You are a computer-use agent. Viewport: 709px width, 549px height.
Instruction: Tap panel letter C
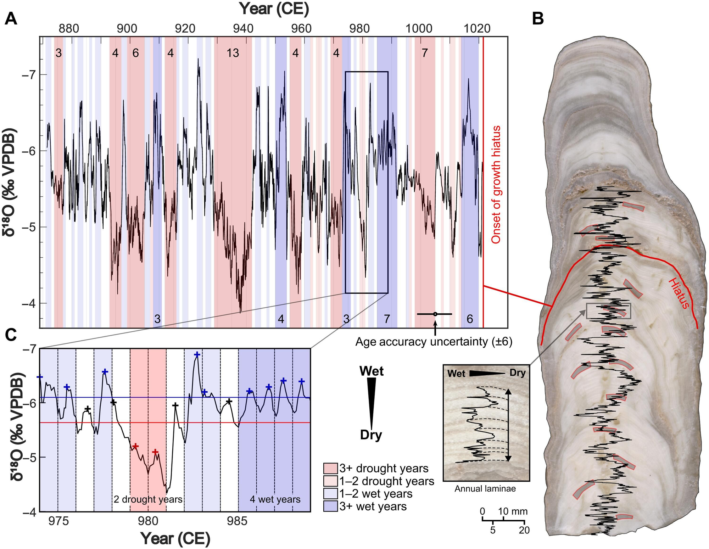click(x=11, y=335)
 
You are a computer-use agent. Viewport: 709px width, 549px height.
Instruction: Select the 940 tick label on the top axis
click(x=243, y=28)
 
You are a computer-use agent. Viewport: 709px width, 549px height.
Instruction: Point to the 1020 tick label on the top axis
click(x=477, y=28)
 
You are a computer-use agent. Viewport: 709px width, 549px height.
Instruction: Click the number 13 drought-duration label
click(x=233, y=53)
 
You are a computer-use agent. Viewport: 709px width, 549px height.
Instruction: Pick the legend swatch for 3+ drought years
click(x=330, y=468)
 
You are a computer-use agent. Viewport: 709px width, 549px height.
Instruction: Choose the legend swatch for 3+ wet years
click(x=330, y=506)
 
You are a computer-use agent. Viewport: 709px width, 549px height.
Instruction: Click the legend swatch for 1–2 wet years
click(x=330, y=494)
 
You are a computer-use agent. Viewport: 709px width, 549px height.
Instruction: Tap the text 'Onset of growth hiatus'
click(x=496, y=184)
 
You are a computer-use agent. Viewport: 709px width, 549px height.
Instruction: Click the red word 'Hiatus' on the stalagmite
click(x=679, y=293)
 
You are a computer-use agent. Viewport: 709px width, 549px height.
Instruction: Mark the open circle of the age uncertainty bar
click(x=435, y=314)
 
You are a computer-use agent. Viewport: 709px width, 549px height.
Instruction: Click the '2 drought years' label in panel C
click(x=148, y=499)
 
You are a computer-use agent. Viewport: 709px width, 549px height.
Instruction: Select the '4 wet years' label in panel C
click(x=275, y=499)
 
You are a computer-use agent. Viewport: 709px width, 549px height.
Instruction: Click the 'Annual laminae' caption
click(x=485, y=489)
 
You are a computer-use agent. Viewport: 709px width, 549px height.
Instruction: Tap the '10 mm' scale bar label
click(x=513, y=511)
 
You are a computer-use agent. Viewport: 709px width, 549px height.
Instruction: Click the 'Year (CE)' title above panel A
click(x=274, y=9)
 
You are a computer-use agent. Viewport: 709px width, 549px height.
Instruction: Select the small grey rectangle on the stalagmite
click(x=608, y=311)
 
